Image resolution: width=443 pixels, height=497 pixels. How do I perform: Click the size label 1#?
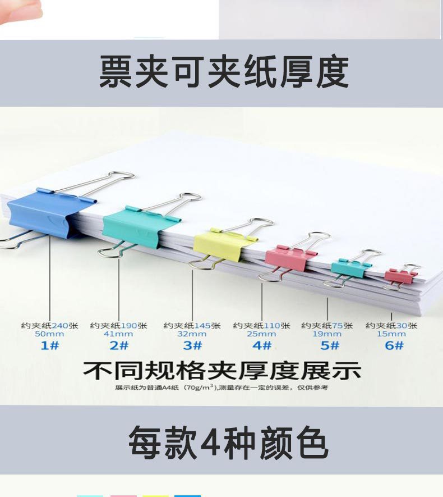tap(49, 345)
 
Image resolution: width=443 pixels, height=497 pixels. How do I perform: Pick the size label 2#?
tap(119, 345)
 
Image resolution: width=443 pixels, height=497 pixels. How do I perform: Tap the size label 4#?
tap(262, 345)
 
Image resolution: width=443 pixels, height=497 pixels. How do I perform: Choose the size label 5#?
tap(327, 345)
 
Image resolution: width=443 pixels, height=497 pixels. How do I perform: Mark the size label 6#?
tap(392, 345)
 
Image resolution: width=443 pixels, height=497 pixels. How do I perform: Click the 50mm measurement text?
tap(49, 334)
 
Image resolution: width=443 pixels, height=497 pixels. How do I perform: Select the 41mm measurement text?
tap(119, 334)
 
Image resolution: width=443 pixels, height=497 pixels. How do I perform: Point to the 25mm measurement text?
tap(262, 334)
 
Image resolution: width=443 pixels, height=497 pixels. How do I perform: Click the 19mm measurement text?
tap(327, 334)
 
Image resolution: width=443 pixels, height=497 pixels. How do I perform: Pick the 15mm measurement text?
tap(392, 334)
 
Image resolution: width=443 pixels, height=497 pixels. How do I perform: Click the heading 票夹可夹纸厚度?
tap(224, 72)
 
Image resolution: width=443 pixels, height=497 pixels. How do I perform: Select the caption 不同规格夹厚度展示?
tap(221, 371)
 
